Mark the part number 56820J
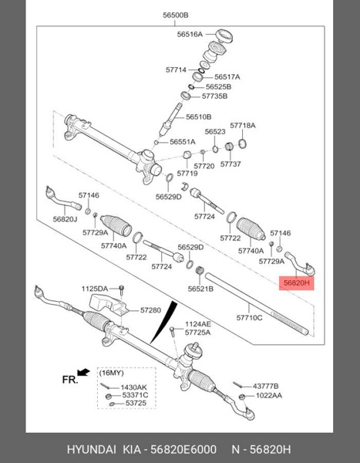tap(66, 219)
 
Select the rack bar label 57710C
tap(249, 317)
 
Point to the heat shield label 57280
tap(150, 310)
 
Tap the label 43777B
tap(266, 386)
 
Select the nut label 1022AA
tap(267, 396)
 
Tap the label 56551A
tap(183, 142)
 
